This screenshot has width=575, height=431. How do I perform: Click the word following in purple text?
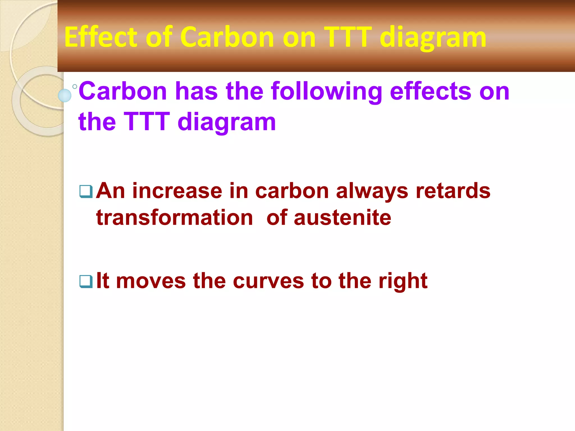(326, 91)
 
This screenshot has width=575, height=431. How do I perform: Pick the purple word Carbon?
(123, 91)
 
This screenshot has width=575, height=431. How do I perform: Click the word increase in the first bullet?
(177, 191)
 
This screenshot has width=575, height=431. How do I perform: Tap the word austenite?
(342, 218)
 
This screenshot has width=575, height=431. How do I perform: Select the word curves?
(268, 281)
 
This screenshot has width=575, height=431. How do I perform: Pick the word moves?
(151, 281)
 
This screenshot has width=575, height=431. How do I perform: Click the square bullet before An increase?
(86, 192)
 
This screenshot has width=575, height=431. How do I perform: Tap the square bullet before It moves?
(86, 281)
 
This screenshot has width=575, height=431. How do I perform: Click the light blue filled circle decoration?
(65, 95)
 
